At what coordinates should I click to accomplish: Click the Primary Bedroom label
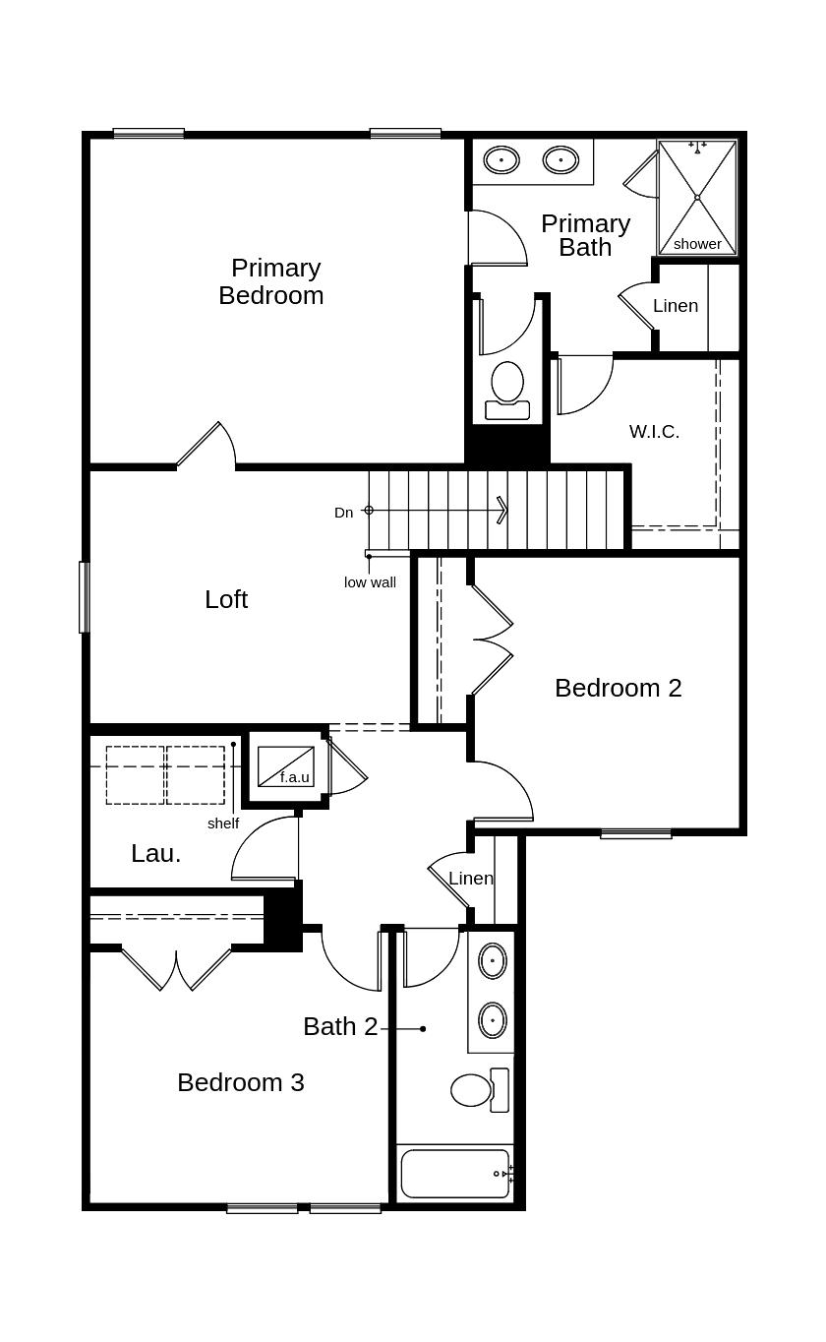click(270, 281)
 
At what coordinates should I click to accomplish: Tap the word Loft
click(226, 599)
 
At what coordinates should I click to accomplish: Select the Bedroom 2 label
click(619, 688)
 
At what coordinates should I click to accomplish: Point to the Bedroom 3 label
click(241, 1082)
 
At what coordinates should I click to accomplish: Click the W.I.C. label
click(654, 431)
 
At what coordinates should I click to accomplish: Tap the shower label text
click(697, 244)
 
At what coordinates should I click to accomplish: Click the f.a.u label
click(295, 777)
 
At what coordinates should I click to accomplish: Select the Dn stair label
click(344, 513)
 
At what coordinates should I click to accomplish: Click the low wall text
click(370, 581)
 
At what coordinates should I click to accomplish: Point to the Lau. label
click(155, 853)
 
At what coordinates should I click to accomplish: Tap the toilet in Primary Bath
click(507, 391)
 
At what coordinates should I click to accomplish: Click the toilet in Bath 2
click(480, 1090)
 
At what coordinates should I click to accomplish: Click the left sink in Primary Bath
click(501, 160)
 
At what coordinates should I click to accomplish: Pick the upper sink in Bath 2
click(493, 961)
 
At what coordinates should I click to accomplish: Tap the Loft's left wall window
click(85, 596)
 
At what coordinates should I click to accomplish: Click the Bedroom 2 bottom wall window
click(635, 833)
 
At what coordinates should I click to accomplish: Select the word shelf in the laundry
click(223, 823)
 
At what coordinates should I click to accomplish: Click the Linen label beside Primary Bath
click(675, 306)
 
